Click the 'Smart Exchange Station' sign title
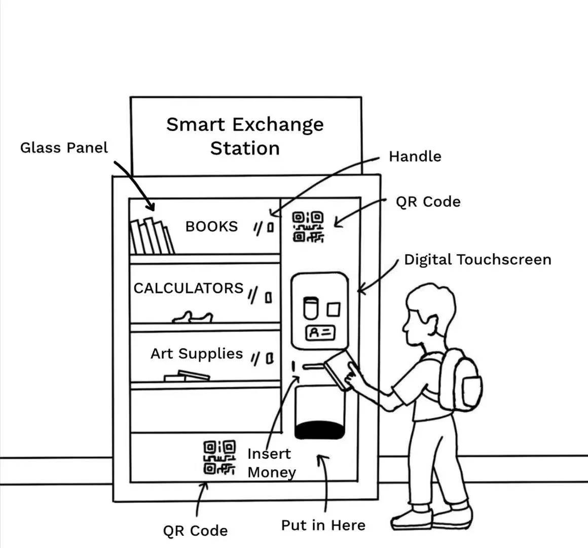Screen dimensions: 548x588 [x=245, y=136]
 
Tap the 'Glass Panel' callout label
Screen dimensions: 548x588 [x=64, y=148]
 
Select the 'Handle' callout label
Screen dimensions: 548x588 [x=415, y=156]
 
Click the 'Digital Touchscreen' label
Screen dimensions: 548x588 [x=477, y=260]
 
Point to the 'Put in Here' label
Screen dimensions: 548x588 [x=323, y=525]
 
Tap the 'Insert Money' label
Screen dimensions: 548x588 [x=271, y=463]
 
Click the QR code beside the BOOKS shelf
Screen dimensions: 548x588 [x=308, y=226]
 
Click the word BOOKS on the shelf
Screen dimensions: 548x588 [x=211, y=226]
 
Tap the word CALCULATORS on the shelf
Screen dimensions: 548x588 [x=189, y=288]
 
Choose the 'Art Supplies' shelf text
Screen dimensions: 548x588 [x=197, y=353]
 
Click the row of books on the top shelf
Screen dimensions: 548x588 [x=152, y=236]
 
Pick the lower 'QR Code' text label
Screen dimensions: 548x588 [x=195, y=531]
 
